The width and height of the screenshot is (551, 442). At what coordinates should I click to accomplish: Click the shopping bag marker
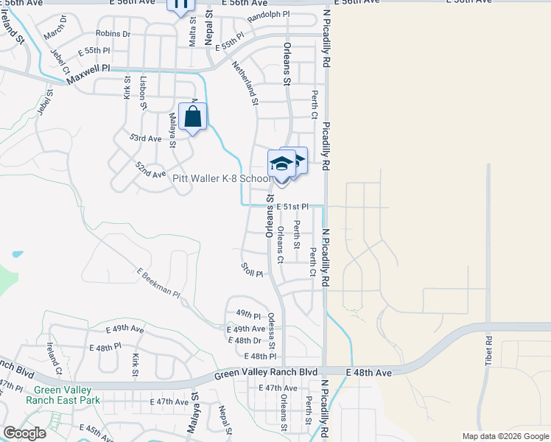(x=192, y=117)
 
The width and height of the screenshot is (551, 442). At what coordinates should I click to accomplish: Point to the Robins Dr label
(x=113, y=34)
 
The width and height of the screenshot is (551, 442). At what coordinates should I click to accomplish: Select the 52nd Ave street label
(x=150, y=172)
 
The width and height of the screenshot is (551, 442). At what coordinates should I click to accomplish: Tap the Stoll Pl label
(x=252, y=270)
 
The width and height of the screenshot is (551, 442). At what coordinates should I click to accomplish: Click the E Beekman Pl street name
(x=158, y=282)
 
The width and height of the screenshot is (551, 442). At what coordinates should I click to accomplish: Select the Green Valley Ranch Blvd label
(x=266, y=374)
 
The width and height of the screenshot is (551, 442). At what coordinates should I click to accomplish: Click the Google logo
(x=24, y=433)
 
